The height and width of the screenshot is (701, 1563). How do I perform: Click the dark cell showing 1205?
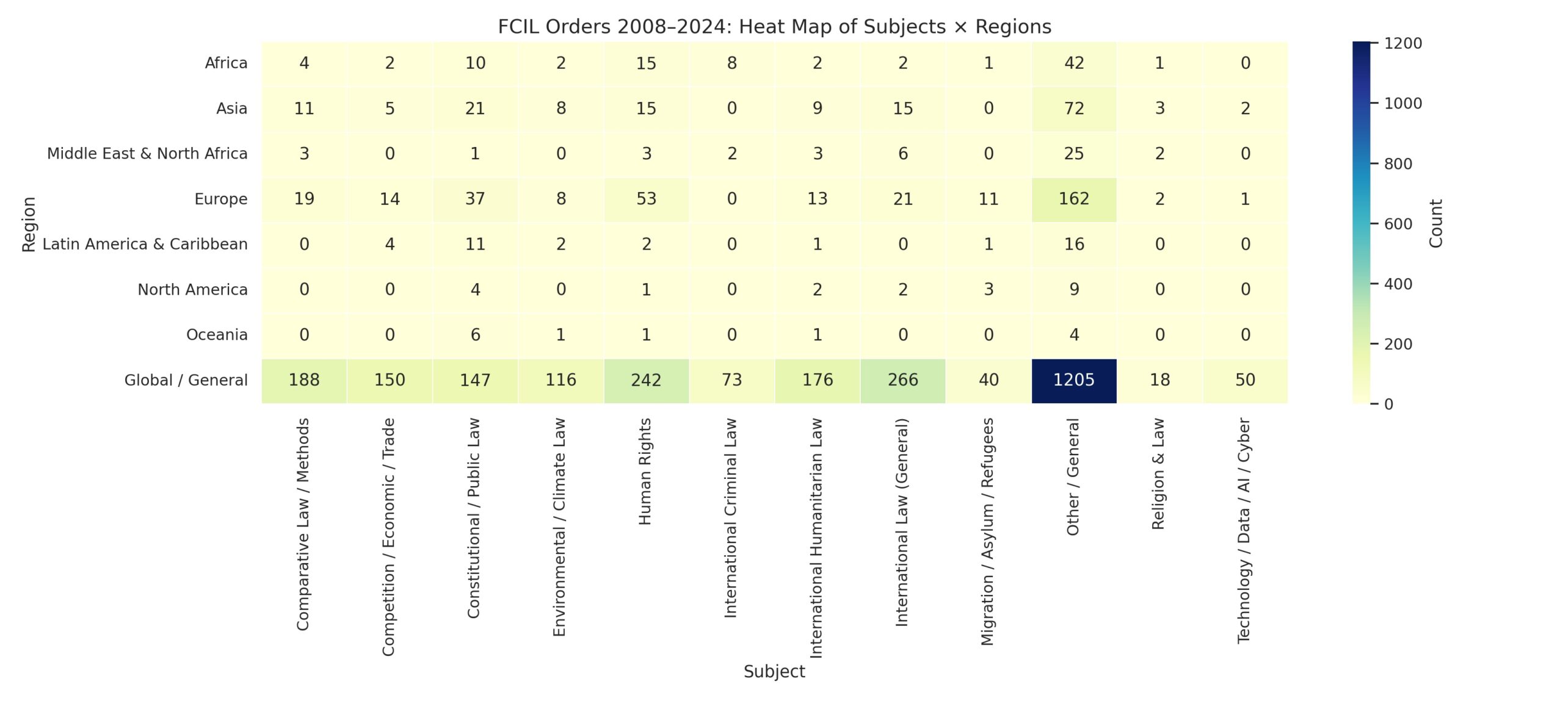1073,380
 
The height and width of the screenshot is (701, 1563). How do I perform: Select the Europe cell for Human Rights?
646,199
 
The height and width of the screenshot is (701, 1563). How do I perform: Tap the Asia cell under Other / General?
1073,109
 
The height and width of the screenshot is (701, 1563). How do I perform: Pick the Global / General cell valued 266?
902,380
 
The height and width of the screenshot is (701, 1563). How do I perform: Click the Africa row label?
226,63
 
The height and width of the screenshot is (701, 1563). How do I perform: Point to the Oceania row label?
217,335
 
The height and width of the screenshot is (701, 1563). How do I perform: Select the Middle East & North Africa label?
147,154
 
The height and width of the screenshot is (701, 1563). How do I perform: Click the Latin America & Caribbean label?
145,244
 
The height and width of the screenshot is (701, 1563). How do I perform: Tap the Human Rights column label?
645,471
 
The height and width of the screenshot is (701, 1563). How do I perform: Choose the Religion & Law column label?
1158,473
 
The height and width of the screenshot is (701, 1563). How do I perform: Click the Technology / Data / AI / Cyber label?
1244,530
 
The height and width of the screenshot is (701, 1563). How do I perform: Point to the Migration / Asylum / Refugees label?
987,531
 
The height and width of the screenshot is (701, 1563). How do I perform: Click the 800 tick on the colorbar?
1398,164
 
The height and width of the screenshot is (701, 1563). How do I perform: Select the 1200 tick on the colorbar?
1402,43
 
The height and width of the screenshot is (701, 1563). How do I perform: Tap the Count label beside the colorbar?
1436,223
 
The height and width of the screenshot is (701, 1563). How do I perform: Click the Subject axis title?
774,672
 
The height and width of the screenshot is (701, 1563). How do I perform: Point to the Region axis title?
29,224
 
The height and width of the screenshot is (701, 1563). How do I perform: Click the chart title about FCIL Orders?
774,27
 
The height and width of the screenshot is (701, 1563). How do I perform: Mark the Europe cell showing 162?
1073,199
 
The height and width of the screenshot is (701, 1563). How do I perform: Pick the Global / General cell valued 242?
646,380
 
